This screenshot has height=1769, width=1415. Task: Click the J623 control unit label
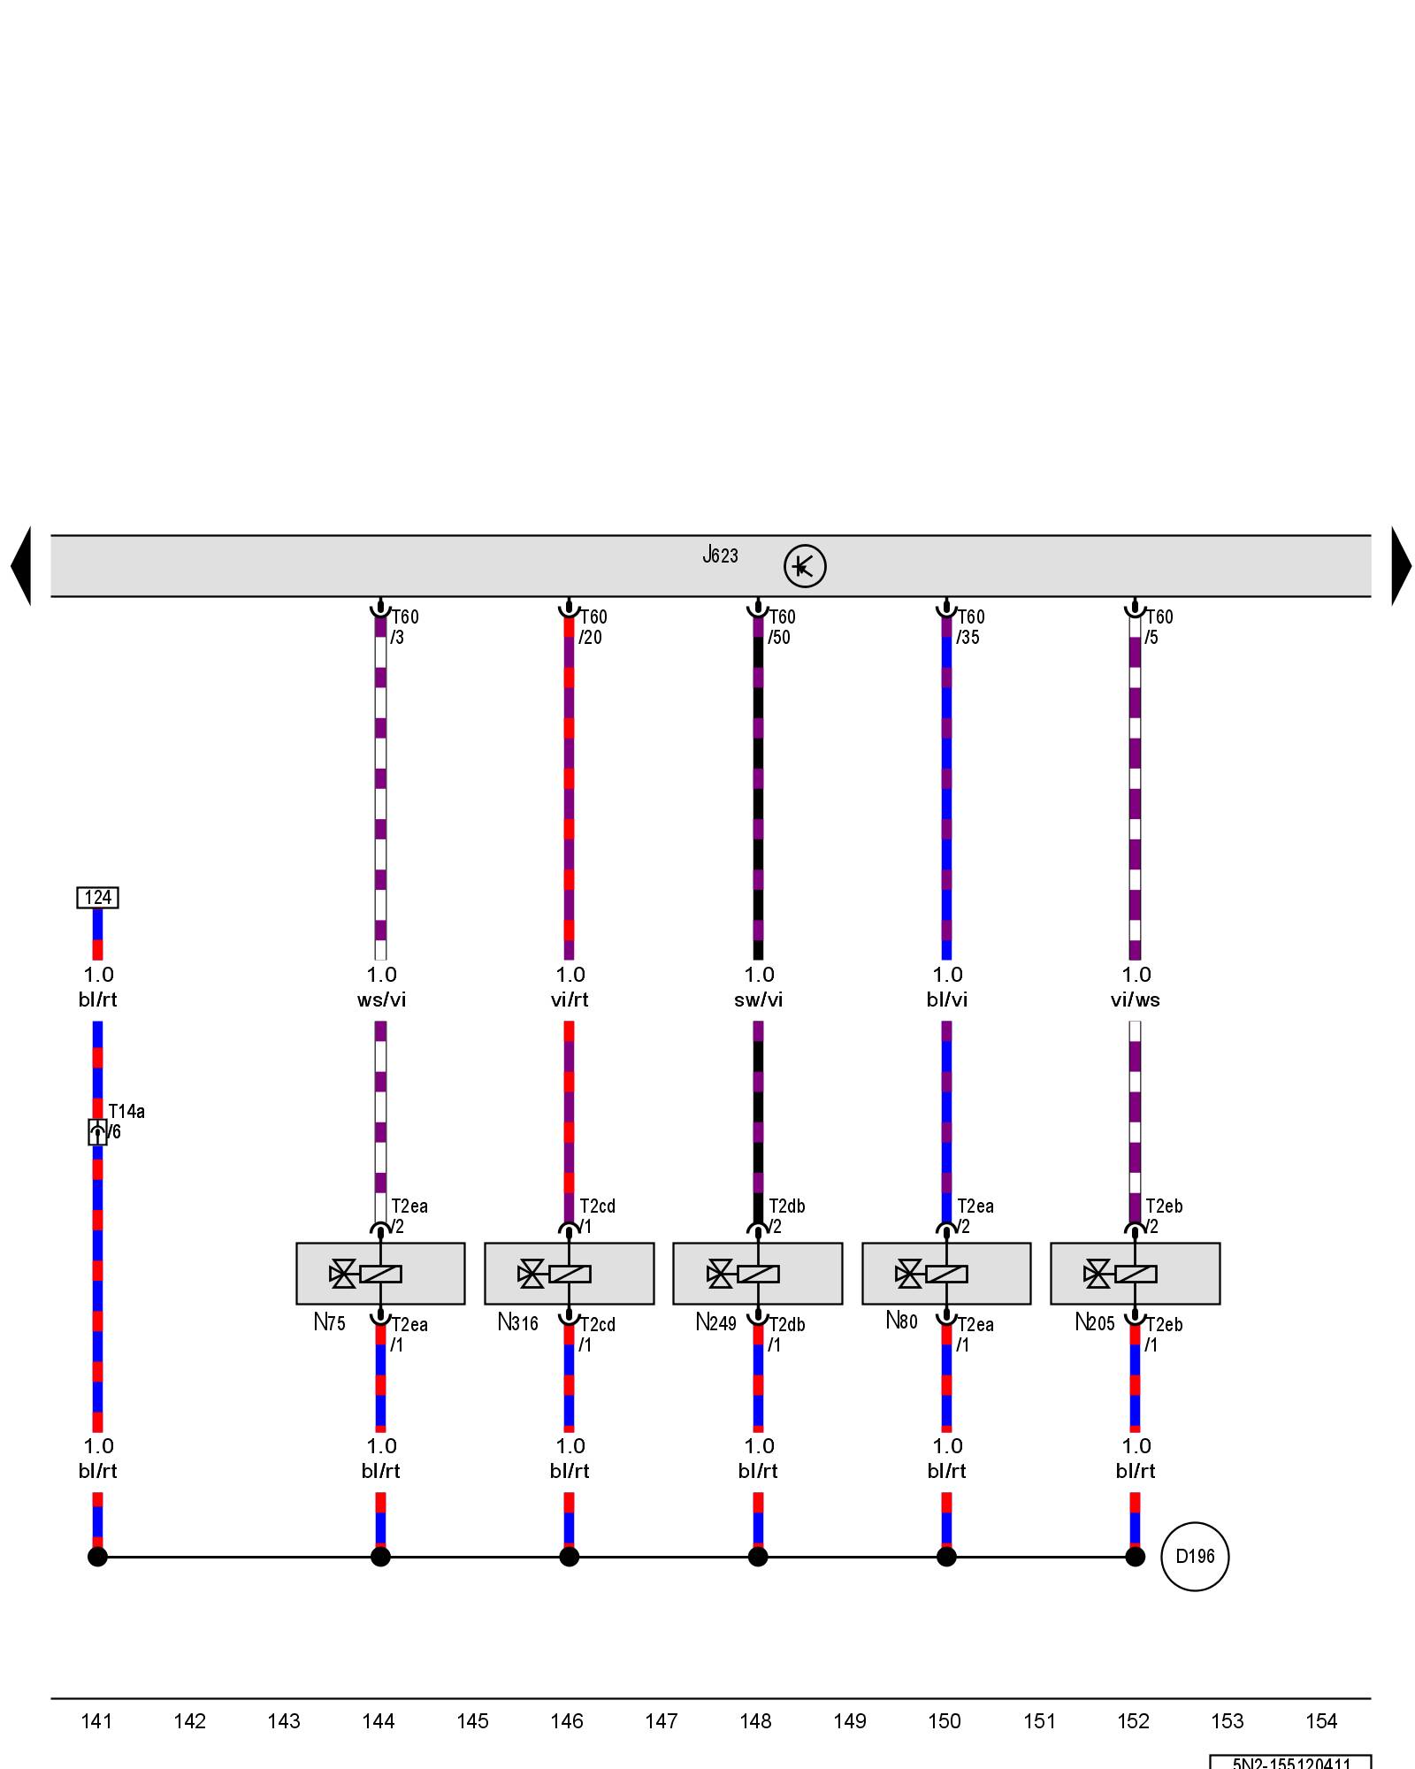720,555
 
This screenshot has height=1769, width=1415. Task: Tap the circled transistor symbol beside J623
805,566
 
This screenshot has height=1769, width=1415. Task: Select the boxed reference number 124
97,898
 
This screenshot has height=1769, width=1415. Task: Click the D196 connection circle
1195,1557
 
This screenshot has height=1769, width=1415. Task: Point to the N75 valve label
330,1322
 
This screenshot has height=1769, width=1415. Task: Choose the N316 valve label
517,1322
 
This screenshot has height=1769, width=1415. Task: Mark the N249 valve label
715,1322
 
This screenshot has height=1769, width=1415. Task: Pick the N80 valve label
902,1321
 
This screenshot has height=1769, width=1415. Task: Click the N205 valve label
1095,1322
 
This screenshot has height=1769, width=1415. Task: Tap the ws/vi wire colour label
381,999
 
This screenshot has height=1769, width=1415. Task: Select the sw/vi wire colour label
759,999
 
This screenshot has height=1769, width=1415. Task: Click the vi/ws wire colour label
1136,999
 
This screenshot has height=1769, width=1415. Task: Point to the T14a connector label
126,1112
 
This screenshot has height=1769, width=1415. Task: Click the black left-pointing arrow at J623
21,566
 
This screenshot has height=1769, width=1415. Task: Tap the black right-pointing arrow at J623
1401,566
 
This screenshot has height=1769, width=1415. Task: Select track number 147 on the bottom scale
662,1721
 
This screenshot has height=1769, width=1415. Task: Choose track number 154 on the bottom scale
1321,1721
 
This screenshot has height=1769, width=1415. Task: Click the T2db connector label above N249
786,1206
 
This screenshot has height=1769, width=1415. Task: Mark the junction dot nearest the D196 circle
1136,1557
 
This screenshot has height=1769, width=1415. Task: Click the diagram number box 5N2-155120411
1290,1762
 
